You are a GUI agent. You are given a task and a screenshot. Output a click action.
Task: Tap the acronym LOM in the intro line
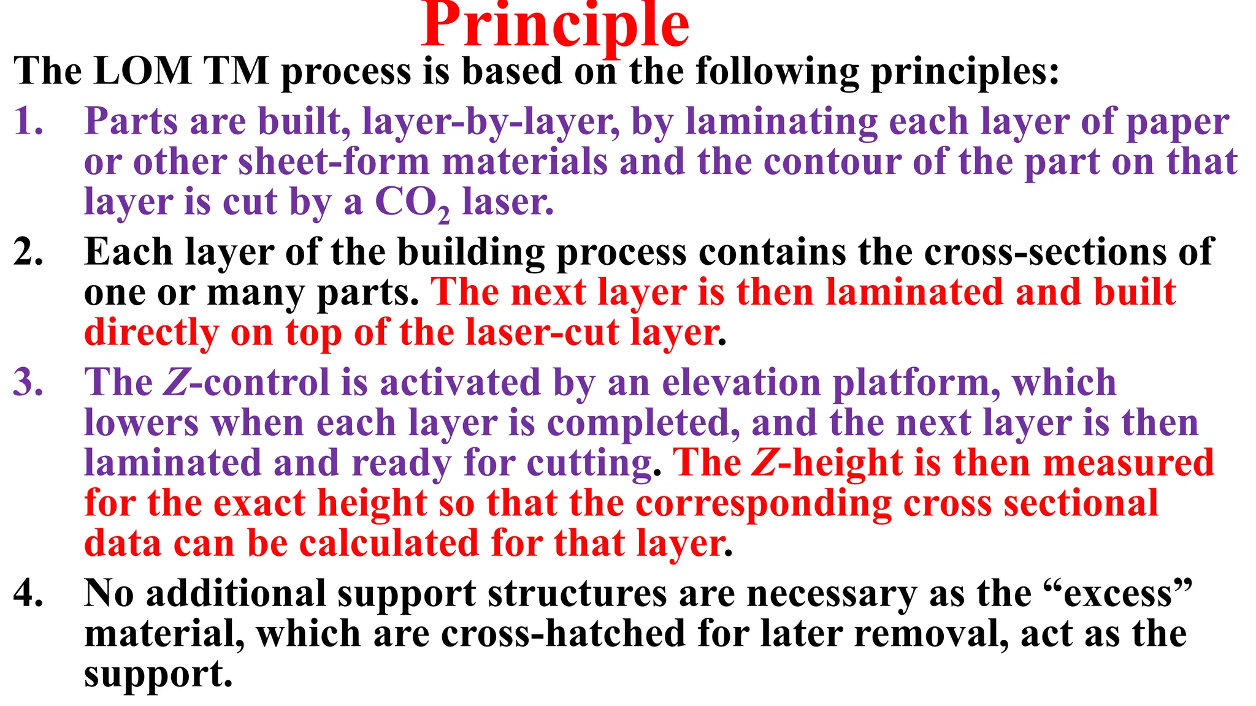(x=143, y=70)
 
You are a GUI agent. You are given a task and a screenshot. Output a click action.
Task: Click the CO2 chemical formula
(x=412, y=202)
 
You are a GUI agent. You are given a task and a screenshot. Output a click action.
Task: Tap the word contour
(x=832, y=162)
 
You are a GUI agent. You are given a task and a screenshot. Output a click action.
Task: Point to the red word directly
(x=151, y=333)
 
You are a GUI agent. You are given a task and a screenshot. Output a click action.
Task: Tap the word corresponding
(x=763, y=503)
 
